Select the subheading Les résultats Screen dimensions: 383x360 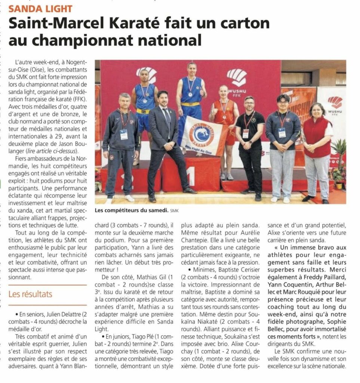[x=31, y=294]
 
